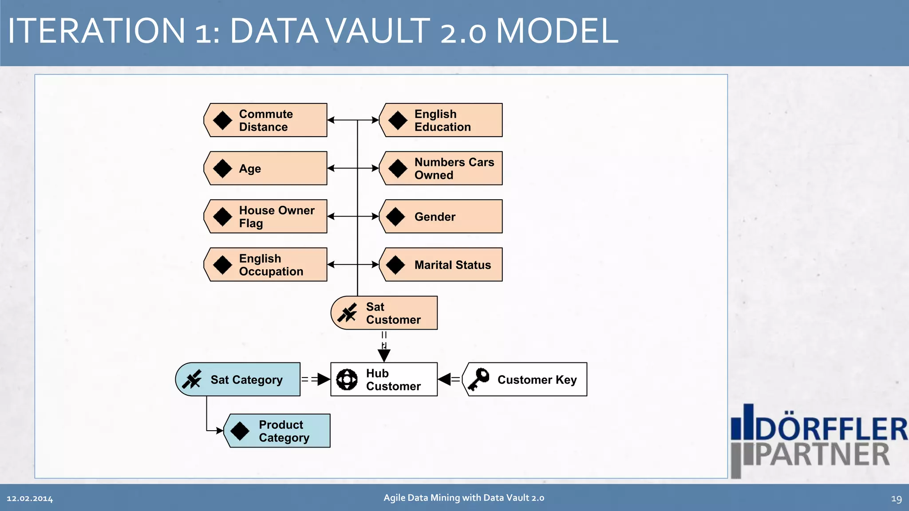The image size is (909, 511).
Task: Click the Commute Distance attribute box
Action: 265,120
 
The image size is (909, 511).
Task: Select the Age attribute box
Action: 265,169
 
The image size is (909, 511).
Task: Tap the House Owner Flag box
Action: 265,216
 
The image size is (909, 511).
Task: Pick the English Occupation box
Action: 265,265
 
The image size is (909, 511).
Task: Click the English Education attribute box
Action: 441,120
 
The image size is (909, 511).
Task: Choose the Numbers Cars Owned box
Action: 441,169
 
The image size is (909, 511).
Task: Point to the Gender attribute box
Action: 441,216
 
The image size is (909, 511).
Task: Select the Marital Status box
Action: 441,265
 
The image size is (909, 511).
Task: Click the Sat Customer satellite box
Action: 384,313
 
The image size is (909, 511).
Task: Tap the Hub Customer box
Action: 384,380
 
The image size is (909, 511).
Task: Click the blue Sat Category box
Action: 238,380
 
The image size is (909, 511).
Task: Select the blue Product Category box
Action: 278,431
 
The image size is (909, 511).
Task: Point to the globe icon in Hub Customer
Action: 347,380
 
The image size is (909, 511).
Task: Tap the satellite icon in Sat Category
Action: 192,380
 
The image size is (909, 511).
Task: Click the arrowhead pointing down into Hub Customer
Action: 384,355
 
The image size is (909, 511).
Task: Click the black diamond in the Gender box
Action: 395,216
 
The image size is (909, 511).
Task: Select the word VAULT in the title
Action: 378,31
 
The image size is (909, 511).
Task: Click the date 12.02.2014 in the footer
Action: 30,499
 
